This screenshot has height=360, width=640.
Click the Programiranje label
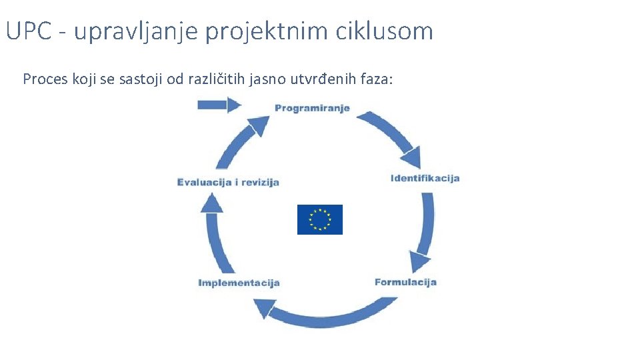(x=312, y=109)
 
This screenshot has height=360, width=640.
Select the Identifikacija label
(x=425, y=178)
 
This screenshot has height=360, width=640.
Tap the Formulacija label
(x=405, y=282)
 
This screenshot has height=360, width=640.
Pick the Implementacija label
(x=239, y=283)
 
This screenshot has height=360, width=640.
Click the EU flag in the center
(x=319, y=219)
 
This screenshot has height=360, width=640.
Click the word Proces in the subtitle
(x=42, y=79)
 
